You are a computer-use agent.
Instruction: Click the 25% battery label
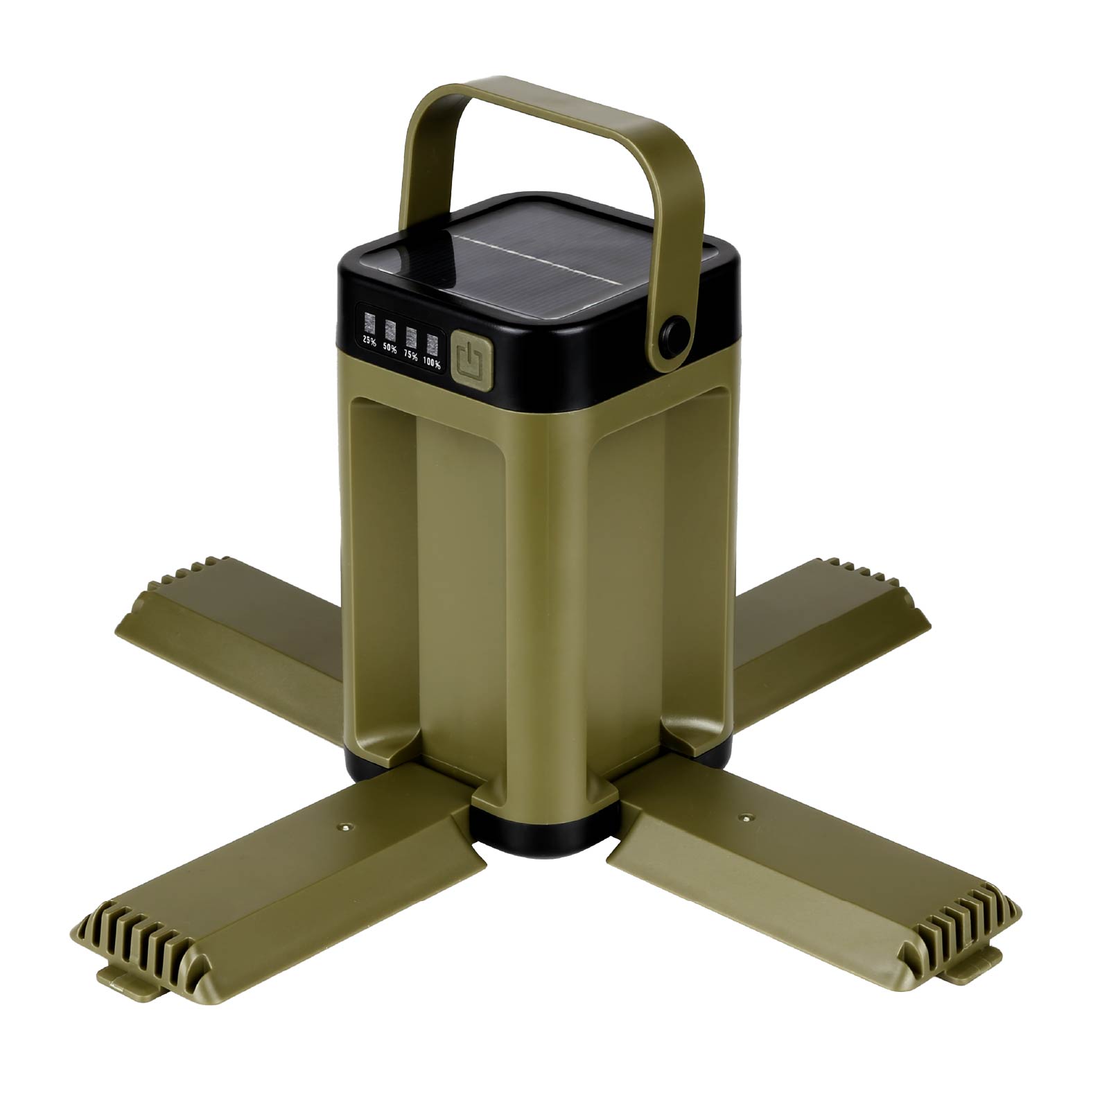coord(369,341)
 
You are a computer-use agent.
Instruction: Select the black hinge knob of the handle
coord(675,338)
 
